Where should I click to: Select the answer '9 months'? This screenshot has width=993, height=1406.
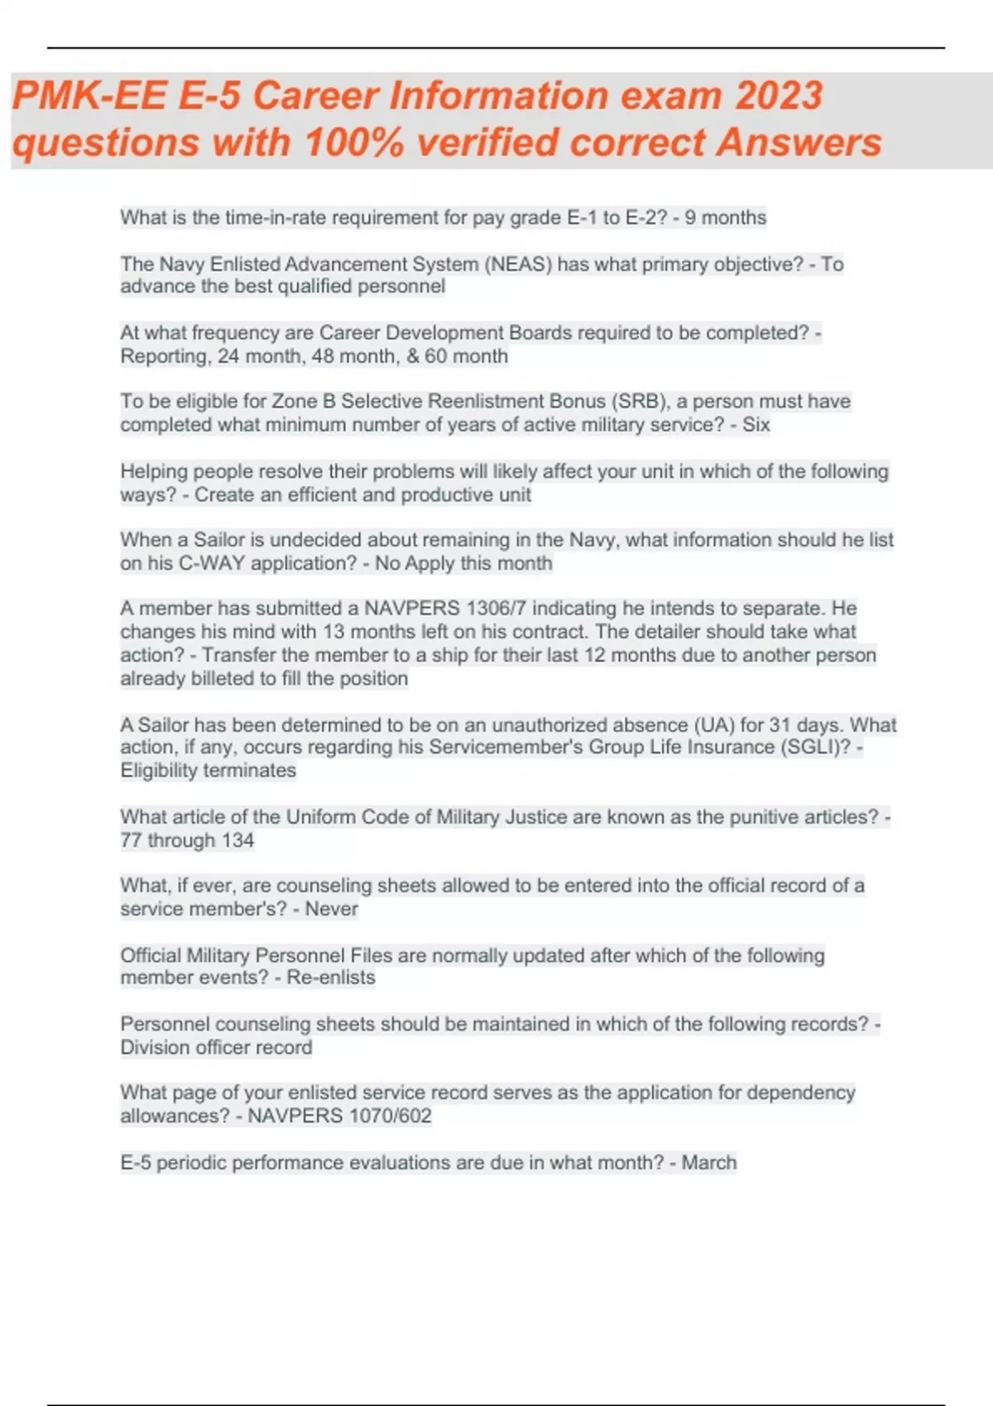[725, 218]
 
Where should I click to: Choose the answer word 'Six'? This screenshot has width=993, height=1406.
[756, 425]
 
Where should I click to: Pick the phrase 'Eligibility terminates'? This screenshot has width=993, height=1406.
[208, 771]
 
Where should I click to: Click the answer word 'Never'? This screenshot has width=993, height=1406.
[331, 909]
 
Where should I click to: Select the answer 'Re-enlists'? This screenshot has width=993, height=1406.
[331, 978]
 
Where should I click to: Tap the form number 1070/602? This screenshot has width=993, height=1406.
[391, 1117]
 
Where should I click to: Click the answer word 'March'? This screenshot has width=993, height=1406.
[708, 1163]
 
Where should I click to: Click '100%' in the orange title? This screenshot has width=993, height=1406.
[354, 142]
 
